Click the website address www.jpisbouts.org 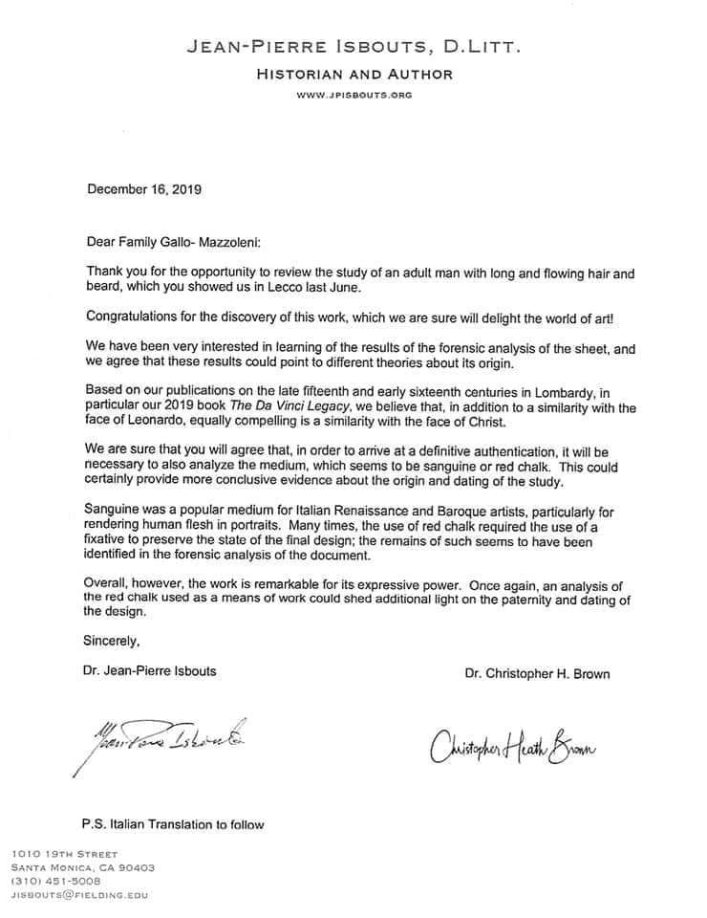353,95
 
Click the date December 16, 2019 144,188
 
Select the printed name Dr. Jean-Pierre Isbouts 151,670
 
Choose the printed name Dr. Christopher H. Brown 537,673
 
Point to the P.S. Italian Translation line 173,823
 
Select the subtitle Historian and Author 353,74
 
